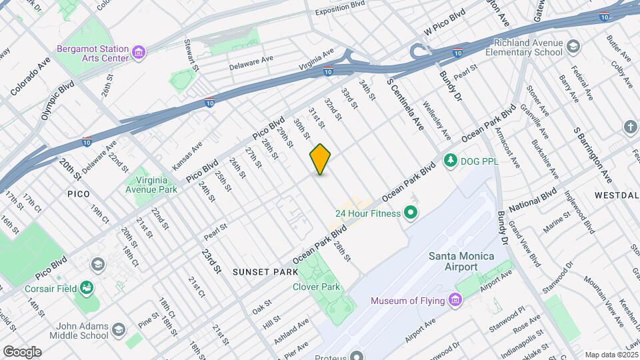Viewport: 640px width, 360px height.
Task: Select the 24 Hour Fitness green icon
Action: coord(411,213)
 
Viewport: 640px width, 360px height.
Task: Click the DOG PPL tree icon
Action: coord(451,160)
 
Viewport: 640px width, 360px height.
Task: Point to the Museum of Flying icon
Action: coord(455,300)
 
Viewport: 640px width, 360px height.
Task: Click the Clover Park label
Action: coord(316,287)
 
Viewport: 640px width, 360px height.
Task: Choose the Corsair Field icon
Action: coord(86,287)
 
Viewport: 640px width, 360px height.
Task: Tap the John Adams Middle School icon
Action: coord(118,329)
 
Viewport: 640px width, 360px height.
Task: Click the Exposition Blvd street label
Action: coord(340,11)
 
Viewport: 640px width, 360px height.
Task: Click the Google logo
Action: coord(22,351)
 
